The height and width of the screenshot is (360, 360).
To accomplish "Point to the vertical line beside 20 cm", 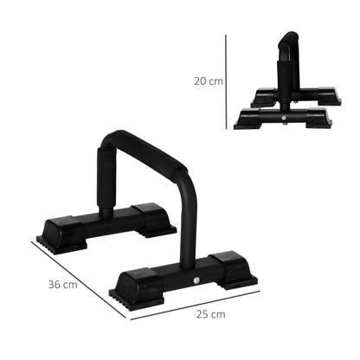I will (226, 80).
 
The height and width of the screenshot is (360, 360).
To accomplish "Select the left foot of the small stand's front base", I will (247, 117).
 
